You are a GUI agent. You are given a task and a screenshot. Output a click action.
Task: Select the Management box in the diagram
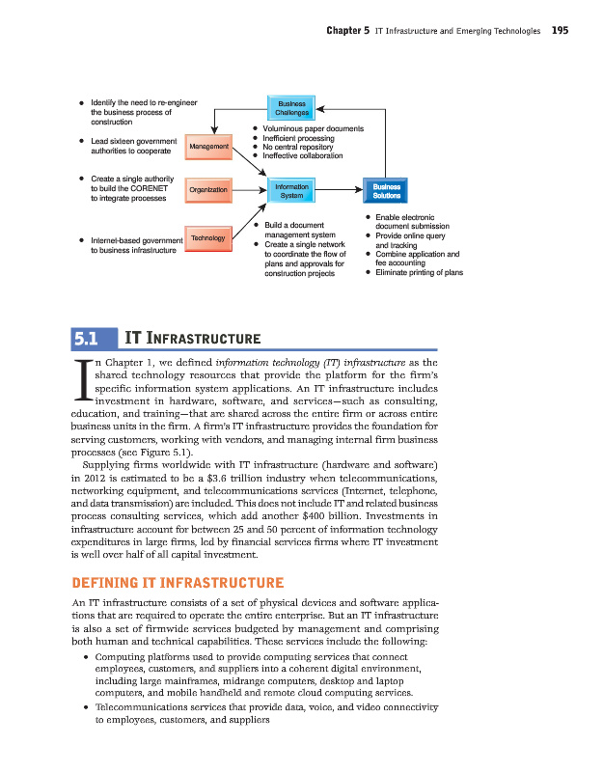click(x=209, y=147)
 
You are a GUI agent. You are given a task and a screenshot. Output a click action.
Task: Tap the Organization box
click(x=208, y=190)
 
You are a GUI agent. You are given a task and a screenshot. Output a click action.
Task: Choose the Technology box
click(x=207, y=236)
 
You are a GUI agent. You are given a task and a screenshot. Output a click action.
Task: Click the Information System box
click(x=291, y=190)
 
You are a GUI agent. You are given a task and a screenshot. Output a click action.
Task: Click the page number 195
click(x=560, y=31)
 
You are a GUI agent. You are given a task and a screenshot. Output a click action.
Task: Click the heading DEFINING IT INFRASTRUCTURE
click(x=178, y=582)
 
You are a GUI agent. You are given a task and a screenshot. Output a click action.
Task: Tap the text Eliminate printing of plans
click(x=419, y=272)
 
